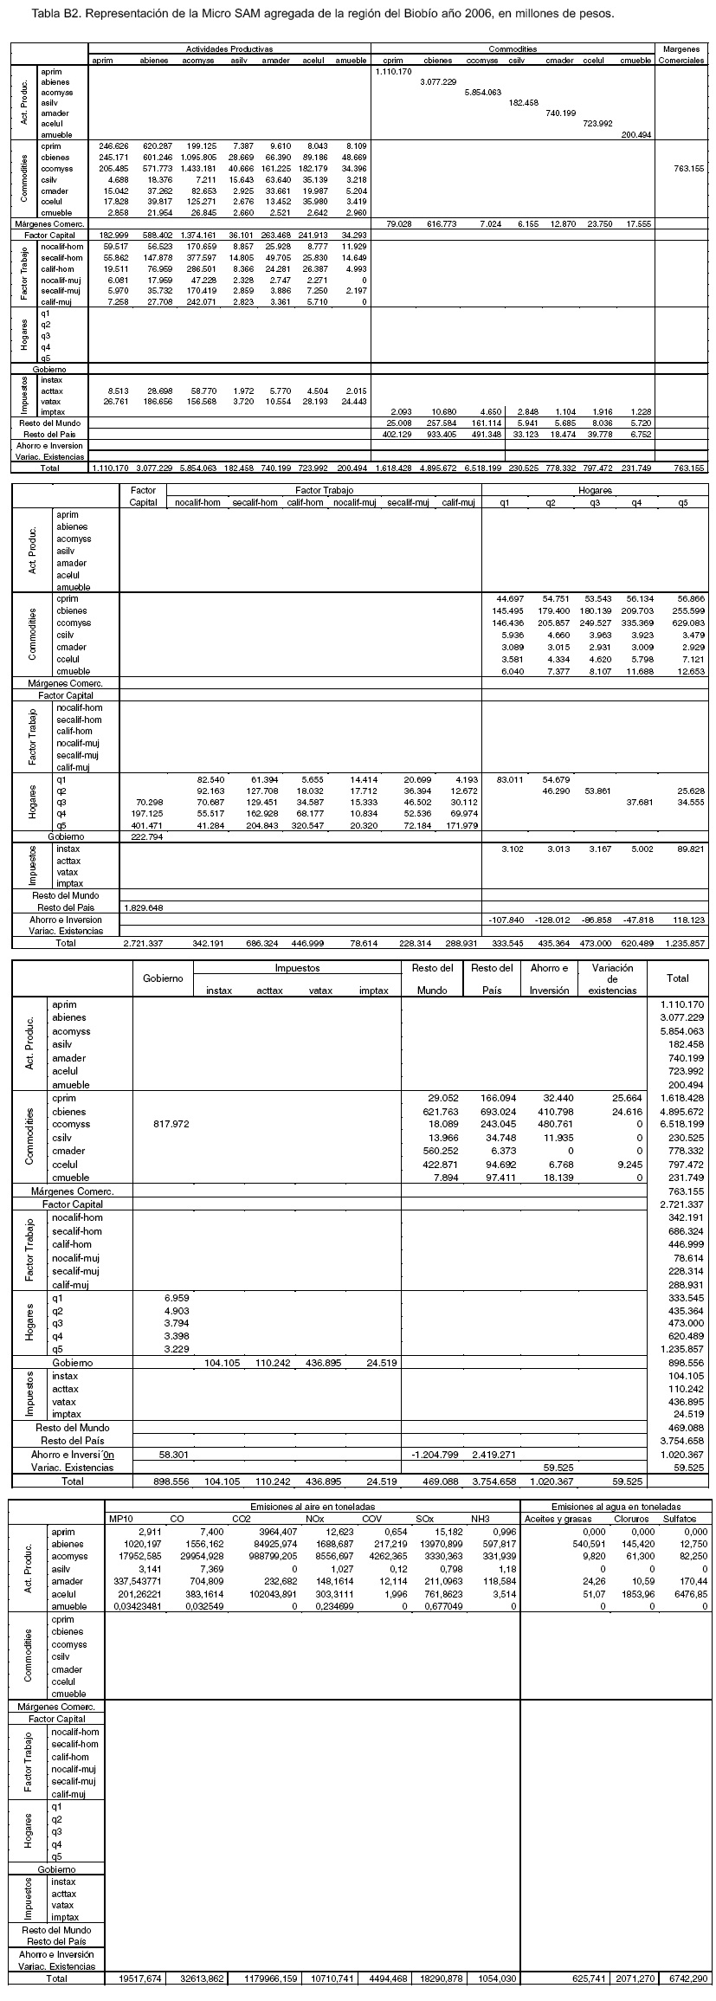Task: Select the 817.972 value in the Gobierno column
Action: (170, 1125)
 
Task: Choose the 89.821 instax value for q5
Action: (690, 849)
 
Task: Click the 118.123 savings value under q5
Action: (690, 919)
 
